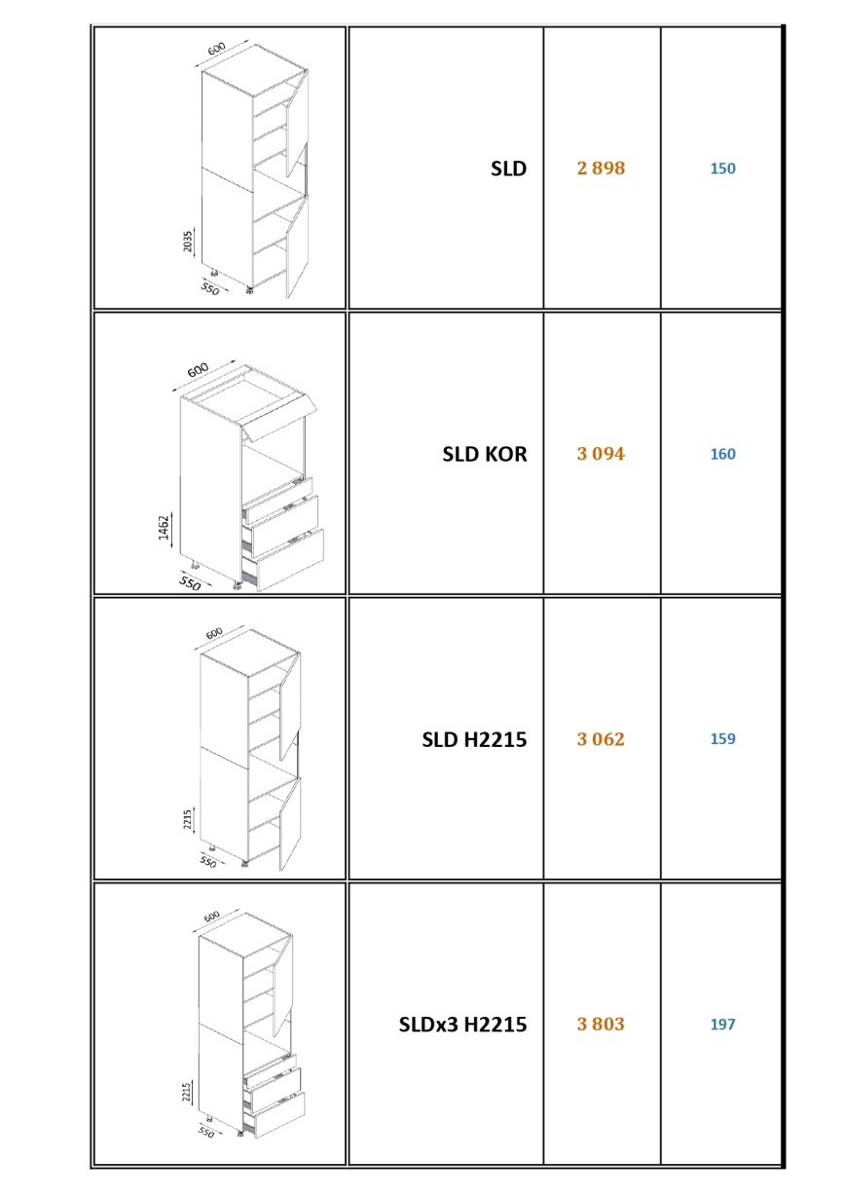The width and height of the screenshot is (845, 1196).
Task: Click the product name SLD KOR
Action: point(484,454)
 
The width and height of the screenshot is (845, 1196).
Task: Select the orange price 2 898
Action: point(601,168)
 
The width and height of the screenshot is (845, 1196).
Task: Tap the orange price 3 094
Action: point(601,454)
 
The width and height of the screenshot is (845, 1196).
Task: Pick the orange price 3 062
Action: point(601,739)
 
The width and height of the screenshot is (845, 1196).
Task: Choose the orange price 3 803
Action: point(601,1024)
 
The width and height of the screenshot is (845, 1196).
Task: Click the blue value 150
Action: point(722,168)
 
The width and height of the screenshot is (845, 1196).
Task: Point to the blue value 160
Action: point(722,454)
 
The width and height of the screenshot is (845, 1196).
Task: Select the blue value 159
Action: point(722,739)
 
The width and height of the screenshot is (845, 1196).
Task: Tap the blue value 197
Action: point(722,1024)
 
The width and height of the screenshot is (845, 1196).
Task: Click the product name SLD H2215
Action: point(474,739)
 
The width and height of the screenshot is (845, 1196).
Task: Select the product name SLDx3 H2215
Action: point(462,1025)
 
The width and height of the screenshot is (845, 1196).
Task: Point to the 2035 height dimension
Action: point(187,242)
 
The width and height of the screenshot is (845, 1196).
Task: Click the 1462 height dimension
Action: point(164,527)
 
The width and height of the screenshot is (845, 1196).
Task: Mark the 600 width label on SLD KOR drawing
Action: point(198,369)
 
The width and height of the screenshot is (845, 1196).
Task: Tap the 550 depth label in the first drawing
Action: point(209,289)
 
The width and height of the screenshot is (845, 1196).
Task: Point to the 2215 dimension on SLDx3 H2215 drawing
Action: point(187,1093)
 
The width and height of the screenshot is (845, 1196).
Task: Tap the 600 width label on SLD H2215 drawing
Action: point(214,633)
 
